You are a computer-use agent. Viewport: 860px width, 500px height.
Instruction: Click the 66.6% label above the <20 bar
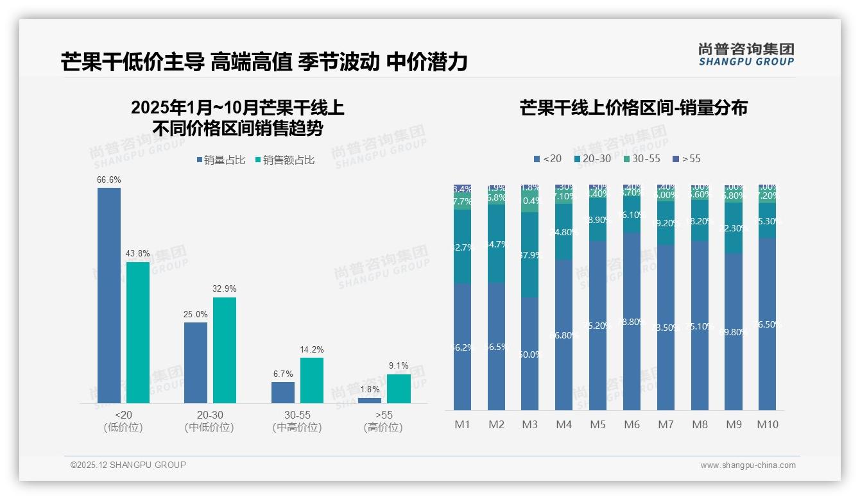tap(108, 180)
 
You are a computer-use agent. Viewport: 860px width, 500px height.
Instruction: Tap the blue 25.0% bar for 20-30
tap(196, 362)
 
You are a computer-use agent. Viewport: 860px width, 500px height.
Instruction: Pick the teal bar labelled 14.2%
tap(311, 380)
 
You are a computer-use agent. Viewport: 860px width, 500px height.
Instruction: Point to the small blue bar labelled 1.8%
tap(370, 401)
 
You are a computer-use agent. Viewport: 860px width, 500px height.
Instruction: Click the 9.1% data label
tap(399, 366)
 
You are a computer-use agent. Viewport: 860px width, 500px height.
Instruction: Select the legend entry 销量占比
tap(221, 160)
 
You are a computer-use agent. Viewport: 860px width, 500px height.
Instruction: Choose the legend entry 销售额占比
tap(285, 160)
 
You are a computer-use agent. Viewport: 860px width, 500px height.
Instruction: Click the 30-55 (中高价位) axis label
tap(297, 421)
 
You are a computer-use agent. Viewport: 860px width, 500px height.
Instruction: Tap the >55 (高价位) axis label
tap(383, 421)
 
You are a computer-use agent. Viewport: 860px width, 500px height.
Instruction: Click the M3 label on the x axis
tap(530, 424)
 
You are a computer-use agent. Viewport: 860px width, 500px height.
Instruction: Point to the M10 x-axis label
tap(767, 424)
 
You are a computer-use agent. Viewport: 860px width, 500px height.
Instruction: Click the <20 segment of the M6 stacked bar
tap(632, 321)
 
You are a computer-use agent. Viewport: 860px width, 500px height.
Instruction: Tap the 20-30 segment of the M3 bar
tap(530, 254)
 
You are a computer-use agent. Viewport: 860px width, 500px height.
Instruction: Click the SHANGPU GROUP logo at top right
tap(746, 54)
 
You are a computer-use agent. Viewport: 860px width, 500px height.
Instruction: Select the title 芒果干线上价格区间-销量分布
tap(633, 108)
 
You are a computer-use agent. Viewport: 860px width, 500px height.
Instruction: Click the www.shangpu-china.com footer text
tap(748, 465)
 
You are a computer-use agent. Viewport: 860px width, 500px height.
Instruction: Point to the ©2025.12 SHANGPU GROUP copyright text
tap(128, 465)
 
